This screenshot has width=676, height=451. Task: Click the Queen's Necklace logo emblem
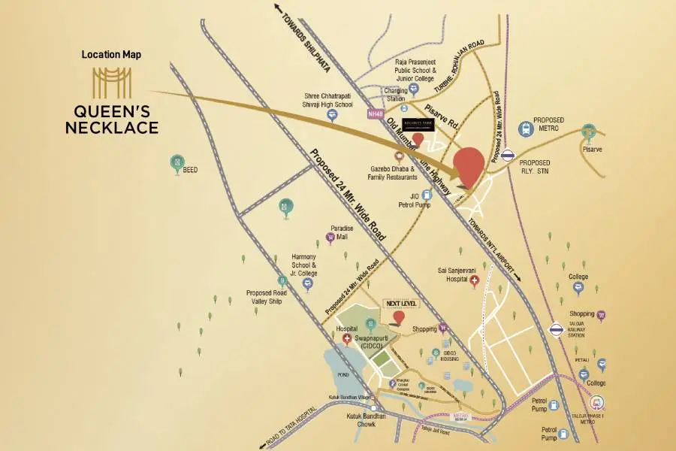point(111,82)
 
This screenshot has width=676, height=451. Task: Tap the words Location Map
point(111,55)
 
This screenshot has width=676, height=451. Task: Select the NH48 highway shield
point(376,114)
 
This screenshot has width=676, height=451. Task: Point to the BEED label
point(190,171)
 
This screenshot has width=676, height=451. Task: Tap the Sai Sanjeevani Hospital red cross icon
point(474,283)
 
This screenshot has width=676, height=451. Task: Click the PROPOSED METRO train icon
point(526,129)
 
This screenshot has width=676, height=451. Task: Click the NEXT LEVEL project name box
point(400,304)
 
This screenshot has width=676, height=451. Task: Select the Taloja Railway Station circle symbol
point(557,328)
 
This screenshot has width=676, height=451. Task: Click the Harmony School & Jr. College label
point(306,265)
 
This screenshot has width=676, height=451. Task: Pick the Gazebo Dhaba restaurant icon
point(399,158)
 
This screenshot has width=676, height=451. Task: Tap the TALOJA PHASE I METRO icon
point(597,403)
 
